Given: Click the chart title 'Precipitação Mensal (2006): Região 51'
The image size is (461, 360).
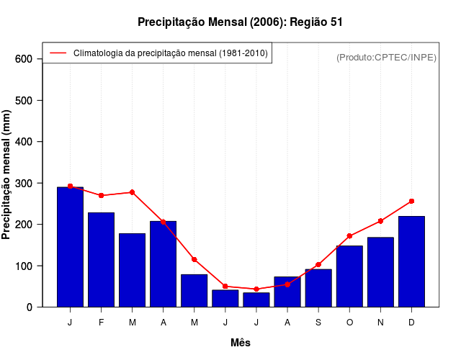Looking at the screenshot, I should (240, 22).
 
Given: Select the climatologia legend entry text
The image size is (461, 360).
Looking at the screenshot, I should (170, 53).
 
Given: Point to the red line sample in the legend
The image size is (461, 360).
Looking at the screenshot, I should (58, 53).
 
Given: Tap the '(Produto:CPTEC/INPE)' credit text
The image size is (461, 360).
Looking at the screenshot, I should (386, 57).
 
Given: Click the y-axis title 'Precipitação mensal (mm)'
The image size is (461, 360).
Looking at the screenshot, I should (7, 174).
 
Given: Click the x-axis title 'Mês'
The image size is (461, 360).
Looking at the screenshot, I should (241, 343).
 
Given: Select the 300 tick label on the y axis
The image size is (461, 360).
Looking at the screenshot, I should (23, 184).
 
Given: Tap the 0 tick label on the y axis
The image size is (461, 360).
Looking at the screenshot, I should (30, 307).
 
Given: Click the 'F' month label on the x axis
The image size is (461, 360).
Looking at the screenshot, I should (101, 323).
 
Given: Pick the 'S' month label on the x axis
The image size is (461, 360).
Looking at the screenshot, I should (318, 323).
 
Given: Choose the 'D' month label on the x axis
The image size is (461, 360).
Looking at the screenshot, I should (411, 323).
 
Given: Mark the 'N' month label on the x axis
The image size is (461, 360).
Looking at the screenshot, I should (380, 323).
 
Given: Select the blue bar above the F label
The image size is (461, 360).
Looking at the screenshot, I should (101, 259).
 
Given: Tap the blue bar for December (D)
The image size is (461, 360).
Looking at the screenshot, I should (411, 261).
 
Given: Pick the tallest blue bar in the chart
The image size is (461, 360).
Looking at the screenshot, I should (70, 247).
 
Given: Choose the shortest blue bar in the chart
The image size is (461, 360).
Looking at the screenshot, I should (256, 300).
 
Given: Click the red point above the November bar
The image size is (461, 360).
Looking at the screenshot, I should (380, 221).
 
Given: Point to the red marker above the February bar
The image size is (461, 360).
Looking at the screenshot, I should (101, 195).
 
